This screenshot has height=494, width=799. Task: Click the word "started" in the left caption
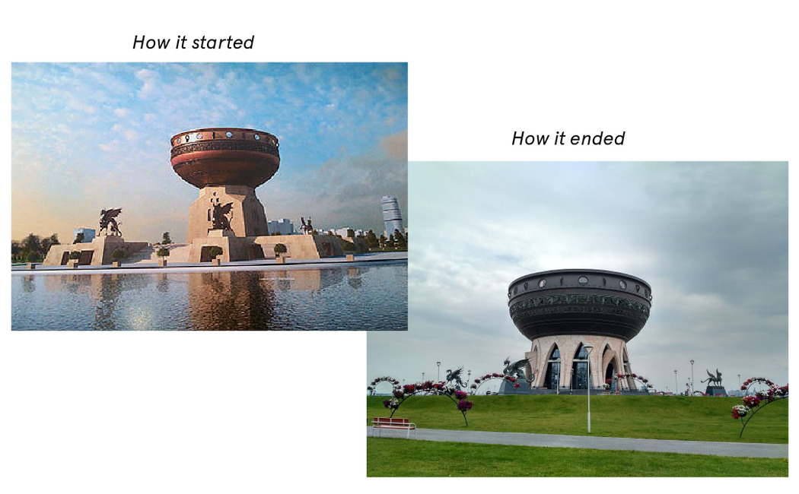click(222, 43)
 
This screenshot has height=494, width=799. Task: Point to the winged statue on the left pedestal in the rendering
click(110, 223)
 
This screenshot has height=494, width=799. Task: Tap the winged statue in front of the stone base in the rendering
click(221, 215)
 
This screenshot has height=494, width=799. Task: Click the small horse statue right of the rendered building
click(306, 225)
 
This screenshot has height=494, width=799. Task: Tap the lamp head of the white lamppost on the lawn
click(587, 349)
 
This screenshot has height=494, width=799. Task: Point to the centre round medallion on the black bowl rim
click(583, 280)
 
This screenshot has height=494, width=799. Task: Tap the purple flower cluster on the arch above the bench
click(464, 406)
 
